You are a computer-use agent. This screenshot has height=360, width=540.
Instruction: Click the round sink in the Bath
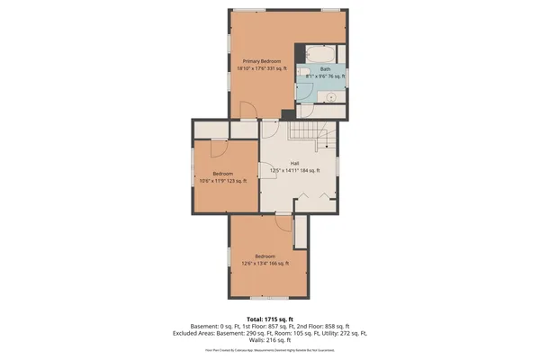[331, 94]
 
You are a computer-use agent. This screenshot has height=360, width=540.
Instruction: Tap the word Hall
[294, 164]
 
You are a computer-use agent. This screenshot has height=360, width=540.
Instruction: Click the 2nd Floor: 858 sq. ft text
[323, 325]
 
